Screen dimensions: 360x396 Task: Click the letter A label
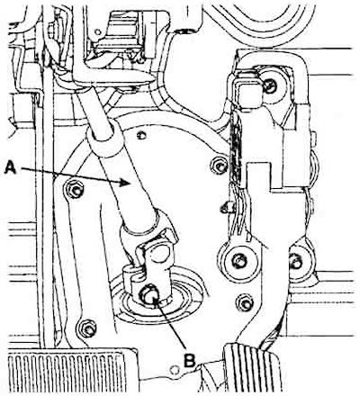[11, 166]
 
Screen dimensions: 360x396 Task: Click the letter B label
[190, 360]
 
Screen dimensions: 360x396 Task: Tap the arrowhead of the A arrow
[125, 183]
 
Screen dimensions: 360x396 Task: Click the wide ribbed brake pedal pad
[71, 372]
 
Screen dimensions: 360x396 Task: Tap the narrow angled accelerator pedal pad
[251, 368]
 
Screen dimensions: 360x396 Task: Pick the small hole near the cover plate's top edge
[139, 135]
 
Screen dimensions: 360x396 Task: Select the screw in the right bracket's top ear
[271, 86]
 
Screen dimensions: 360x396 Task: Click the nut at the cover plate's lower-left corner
[88, 328]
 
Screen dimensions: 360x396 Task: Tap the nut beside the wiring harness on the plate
[220, 166]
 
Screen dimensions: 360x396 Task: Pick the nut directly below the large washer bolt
[246, 303]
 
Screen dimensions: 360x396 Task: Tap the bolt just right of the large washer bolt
[296, 262]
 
